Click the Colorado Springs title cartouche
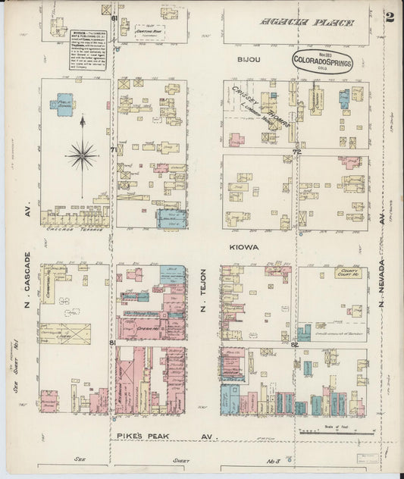[324, 62]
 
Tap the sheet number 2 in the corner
[390, 17]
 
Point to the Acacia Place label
[307, 23]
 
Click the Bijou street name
[249, 58]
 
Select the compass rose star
[81, 155]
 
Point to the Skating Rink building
[149, 31]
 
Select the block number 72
[298, 152]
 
